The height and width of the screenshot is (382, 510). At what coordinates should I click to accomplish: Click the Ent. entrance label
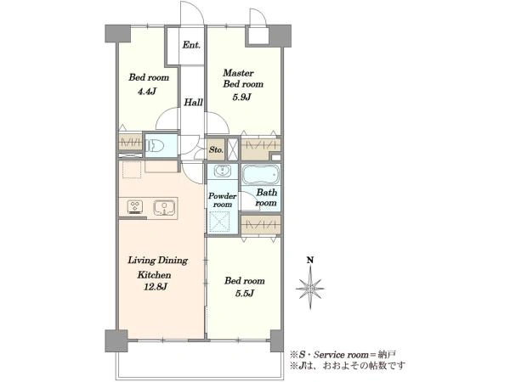191,45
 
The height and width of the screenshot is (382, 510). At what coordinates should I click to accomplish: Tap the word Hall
194,103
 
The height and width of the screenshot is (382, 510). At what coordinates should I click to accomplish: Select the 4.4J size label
147,92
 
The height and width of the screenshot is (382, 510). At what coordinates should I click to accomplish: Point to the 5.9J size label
241,97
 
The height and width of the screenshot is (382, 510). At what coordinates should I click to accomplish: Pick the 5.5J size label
244,294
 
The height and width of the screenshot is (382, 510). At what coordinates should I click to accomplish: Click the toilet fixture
155,145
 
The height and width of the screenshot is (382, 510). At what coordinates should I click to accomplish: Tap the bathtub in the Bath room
261,174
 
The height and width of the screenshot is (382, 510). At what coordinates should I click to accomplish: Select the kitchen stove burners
135,207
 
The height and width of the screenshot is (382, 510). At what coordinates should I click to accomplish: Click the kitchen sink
165,208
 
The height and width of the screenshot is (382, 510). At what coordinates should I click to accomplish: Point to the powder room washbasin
223,171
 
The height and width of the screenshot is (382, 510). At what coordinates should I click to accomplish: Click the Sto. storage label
216,150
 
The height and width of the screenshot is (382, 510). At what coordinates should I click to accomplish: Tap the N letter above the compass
310,260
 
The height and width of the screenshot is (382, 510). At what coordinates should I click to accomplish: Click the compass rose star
310,288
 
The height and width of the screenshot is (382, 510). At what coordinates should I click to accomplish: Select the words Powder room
223,200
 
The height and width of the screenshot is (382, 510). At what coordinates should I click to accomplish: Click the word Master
238,73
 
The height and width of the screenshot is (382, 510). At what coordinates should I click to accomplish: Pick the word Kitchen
154,275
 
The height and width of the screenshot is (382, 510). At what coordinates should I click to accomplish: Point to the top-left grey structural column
118,34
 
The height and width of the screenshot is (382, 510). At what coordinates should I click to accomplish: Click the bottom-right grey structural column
277,340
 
